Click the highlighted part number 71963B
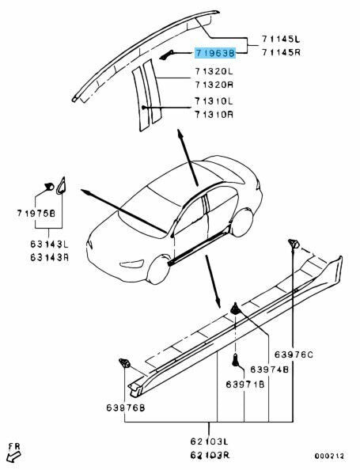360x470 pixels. point(216,54)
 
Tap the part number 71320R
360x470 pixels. point(216,84)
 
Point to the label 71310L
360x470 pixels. point(216,101)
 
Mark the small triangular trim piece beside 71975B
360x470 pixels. point(62,186)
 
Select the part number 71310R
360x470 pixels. point(216,114)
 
